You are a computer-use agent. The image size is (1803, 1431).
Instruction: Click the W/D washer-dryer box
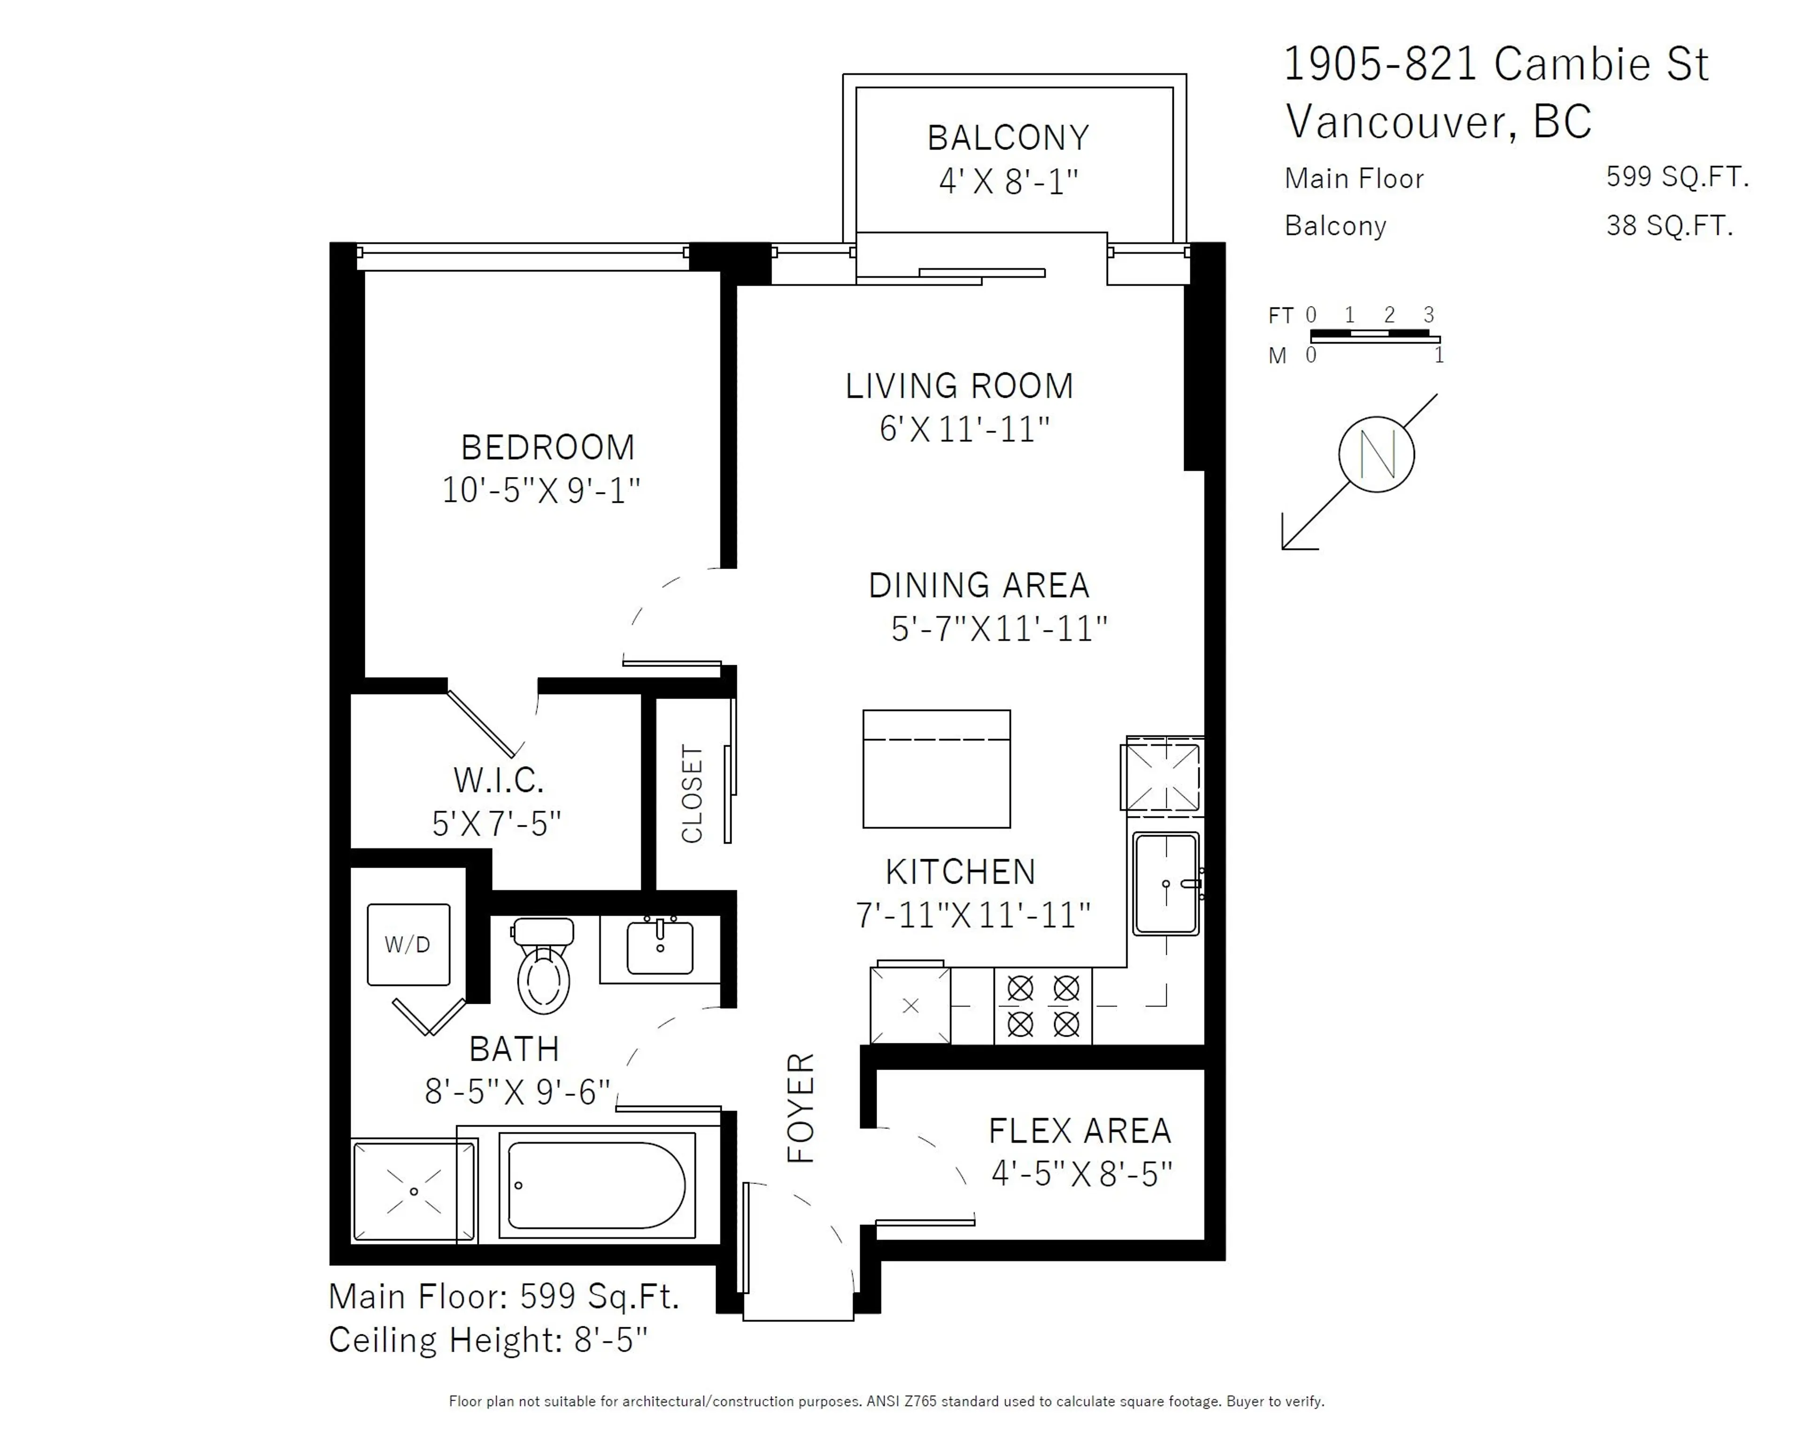[408, 944]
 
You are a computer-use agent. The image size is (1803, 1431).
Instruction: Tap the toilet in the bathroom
[544, 970]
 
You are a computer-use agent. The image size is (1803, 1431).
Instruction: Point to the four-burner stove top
[1043, 1006]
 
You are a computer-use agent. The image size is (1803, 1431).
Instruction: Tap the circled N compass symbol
[1376, 454]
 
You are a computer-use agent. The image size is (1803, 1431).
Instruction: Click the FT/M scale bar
[1374, 336]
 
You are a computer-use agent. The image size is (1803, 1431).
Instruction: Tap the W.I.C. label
[499, 780]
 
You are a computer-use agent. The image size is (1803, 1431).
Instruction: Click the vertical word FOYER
[800, 1108]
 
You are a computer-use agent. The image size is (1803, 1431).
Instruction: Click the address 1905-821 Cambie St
[1495, 64]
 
